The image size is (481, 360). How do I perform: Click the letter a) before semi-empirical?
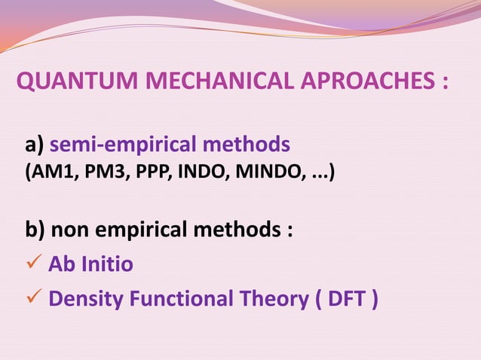[x=36, y=143]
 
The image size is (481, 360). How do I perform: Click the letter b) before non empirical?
[x=37, y=229]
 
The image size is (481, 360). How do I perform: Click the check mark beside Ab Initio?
[x=33, y=264]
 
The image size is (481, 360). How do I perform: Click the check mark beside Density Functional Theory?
[x=33, y=299]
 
